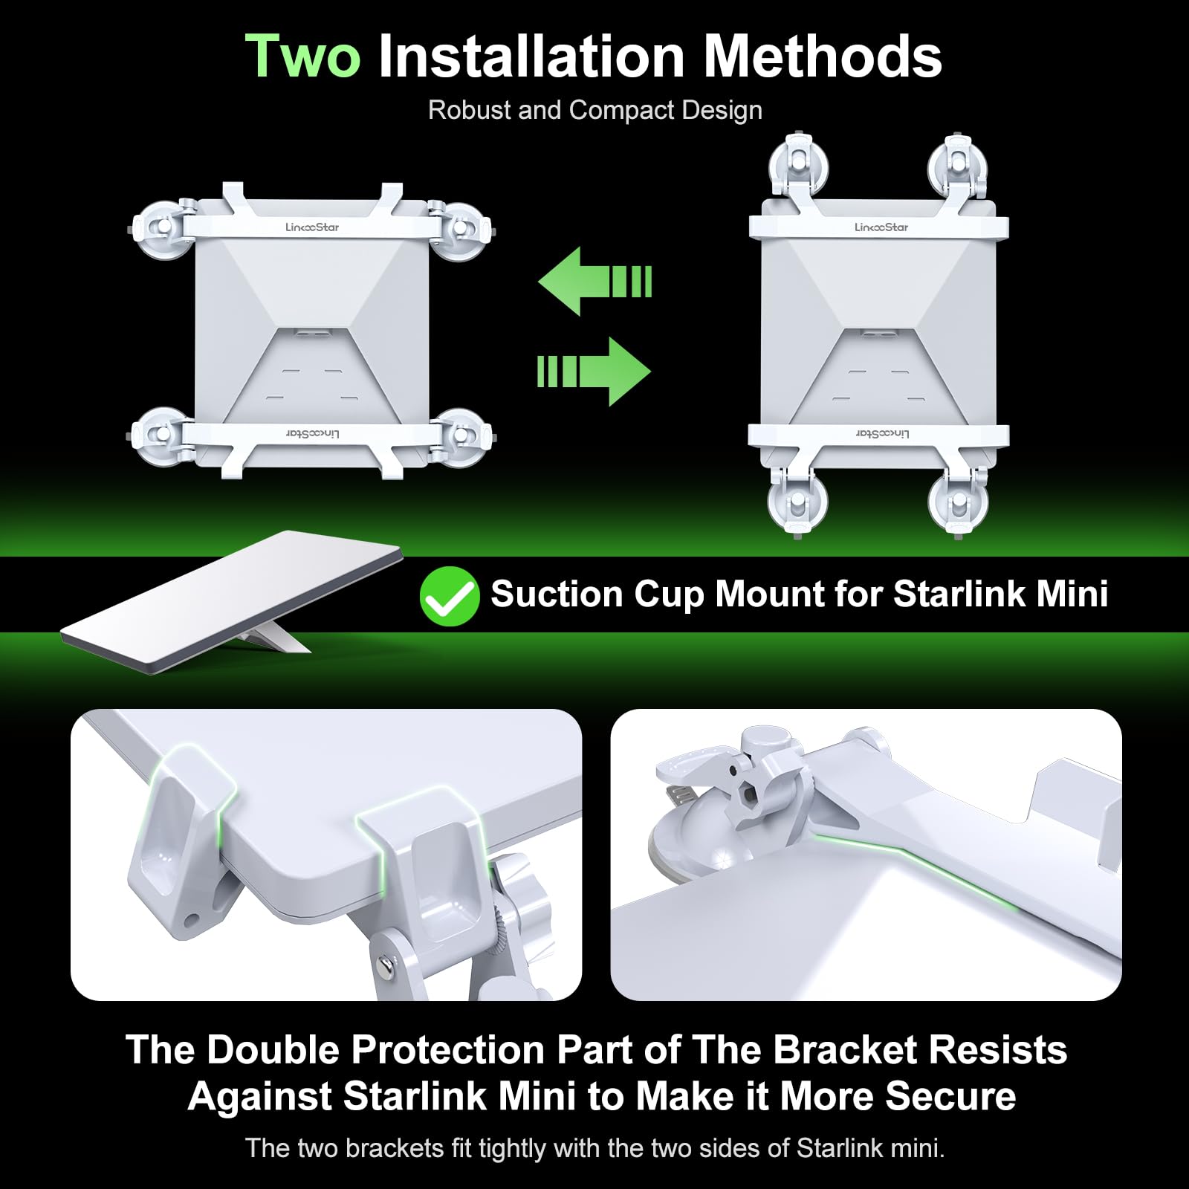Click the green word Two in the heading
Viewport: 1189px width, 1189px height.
[303, 56]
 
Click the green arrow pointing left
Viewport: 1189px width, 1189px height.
[595, 282]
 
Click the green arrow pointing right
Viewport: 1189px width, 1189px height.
[594, 372]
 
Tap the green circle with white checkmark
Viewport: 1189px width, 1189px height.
[450, 596]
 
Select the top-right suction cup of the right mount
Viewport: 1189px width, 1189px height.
[959, 164]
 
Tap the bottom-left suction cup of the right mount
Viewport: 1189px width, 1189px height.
[797, 502]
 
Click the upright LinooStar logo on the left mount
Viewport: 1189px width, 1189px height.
[312, 227]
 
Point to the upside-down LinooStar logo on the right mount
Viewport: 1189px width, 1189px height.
[882, 433]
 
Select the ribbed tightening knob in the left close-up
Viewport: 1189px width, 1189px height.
[516, 914]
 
